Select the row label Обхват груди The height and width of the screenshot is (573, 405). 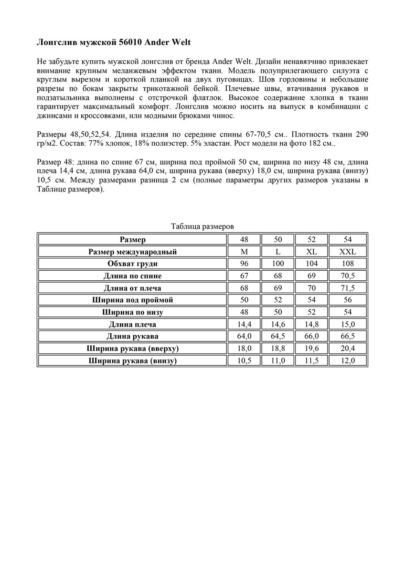click(133, 264)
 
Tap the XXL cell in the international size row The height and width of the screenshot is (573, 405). click(347, 252)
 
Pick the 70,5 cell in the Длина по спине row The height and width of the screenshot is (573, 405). click(347, 276)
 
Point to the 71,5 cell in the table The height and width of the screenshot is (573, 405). click(347, 288)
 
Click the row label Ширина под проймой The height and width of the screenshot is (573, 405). click(133, 300)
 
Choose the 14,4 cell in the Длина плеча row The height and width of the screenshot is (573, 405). click(245, 324)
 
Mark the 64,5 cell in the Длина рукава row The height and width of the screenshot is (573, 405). click(277, 336)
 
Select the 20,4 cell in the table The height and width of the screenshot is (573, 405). click(347, 349)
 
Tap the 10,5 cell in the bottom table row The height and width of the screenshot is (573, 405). click(245, 361)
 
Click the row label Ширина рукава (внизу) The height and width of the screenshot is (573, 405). click(133, 361)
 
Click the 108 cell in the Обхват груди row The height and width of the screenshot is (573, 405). click(347, 264)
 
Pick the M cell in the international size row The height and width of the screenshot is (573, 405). click(245, 252)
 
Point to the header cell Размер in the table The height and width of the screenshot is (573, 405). click(133, 239)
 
